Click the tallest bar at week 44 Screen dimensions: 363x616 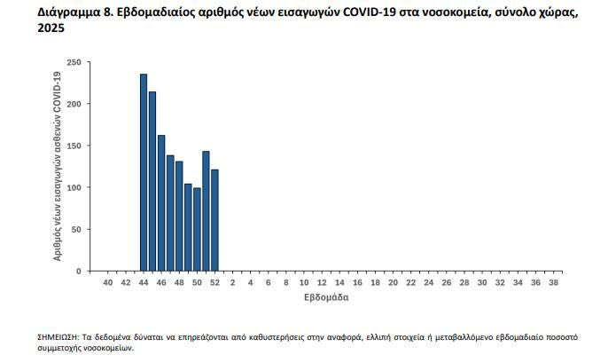click(144, 173)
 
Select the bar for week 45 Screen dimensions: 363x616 click(152, 182)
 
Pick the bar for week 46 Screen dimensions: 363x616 click(161, 204)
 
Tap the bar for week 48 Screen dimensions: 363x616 click(179, 217)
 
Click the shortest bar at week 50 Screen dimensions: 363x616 click(197, 230)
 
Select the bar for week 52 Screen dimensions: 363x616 click(214, 221)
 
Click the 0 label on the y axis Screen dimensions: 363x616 click(79, 271)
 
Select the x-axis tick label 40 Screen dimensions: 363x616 click(108, 282)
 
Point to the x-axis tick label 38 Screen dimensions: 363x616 click(552, 282)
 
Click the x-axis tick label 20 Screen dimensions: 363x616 click(393, 282)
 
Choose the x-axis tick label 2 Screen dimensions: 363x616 click(232, 282)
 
